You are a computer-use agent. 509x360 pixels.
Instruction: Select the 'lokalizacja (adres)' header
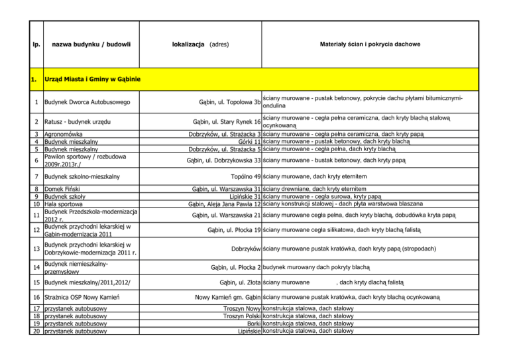click(198, 44)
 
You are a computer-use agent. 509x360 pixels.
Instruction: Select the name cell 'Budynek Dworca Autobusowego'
click(87, 103)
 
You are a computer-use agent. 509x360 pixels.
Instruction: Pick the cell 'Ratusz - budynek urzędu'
click(77, 123)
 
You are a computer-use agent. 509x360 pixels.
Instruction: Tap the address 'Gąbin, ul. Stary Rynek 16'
click(226, 123)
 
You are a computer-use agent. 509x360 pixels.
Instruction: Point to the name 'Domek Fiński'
click(64, 190)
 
